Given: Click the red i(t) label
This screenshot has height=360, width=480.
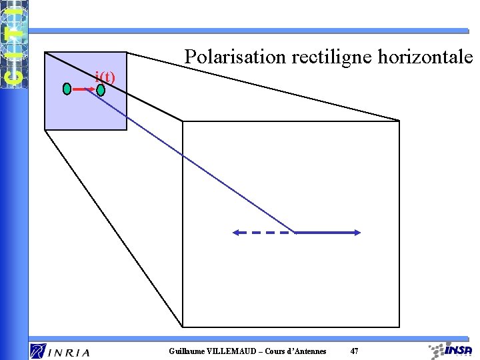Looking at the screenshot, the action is (105, 77).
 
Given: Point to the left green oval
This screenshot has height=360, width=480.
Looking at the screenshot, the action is (67, 89).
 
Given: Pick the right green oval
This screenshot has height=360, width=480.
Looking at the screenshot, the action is (101, 89).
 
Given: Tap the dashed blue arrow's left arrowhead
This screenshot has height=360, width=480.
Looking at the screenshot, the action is (235, 233).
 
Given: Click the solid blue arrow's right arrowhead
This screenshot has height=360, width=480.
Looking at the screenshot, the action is (357, 233).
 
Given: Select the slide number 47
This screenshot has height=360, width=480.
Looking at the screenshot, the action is (354, 351).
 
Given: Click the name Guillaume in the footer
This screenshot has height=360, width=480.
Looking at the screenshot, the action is (188, 351).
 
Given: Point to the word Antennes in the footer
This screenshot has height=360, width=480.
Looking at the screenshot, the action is (307, 351).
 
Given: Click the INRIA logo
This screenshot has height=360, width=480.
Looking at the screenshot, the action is (60, 351).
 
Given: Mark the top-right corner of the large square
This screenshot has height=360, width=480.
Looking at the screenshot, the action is (399, 121).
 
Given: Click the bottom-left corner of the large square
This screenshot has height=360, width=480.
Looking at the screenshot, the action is (183, 327).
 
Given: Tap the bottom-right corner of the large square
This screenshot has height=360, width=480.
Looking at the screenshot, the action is (399, 327).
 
